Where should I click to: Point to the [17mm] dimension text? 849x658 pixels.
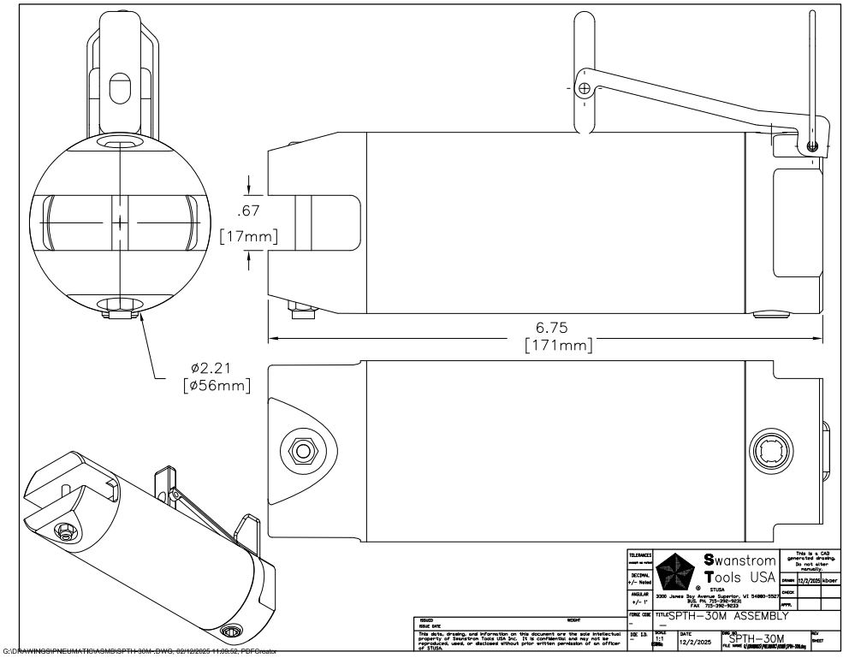point(248,235)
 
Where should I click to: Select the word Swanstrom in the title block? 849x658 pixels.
point(740,561)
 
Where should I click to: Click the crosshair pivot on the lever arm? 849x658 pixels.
point(584,88)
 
